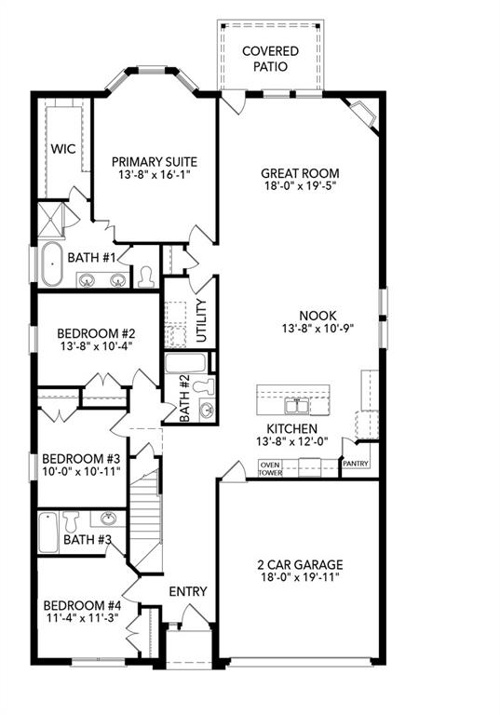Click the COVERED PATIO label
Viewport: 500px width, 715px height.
[x=271, y=59]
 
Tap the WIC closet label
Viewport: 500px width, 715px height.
[x=62, y=149]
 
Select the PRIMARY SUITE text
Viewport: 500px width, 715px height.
[x=155, y=161]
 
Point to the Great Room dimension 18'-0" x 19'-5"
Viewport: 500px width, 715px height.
[x=300, y=187]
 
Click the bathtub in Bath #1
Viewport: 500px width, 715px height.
[x=51, y=266]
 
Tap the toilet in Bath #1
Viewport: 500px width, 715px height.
[x=145, y=277]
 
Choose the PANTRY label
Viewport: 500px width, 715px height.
[x=356, y=463]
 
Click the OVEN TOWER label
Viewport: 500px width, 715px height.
[x=270, y=467]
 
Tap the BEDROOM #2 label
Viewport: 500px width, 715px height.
[x=97, y=332]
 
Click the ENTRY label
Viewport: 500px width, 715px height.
[x=187, y=591]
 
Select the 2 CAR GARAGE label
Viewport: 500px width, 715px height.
[x=300, y=564]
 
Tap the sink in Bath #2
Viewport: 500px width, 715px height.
[x=205, y=411]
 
